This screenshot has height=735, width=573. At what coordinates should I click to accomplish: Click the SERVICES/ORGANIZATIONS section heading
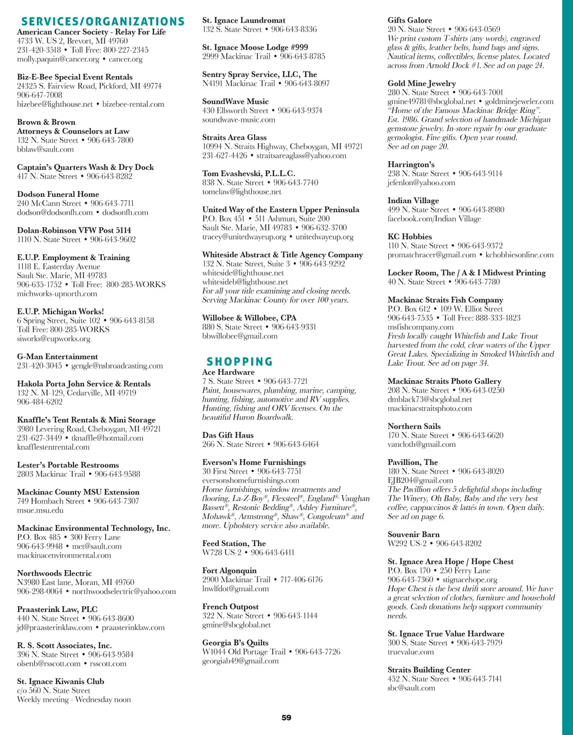click(102, 22)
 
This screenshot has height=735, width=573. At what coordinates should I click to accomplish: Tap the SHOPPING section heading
click(239, 362)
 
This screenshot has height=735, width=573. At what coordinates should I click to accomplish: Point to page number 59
click(286, 718)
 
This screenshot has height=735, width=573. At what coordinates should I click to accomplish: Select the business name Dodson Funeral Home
click(58, 194)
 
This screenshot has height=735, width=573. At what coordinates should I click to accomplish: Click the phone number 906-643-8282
click(110, 176)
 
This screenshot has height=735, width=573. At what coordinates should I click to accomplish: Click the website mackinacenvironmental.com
click(64, 555)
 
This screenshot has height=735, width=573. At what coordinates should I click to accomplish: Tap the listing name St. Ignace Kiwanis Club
click(60, 681)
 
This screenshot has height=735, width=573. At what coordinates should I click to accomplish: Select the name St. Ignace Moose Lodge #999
click(255, 48)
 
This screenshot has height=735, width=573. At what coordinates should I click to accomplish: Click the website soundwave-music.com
click(239, 120)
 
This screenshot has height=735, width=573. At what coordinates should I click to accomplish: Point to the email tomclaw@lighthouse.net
click(242, 192)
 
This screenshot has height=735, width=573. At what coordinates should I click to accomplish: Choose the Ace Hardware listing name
click(228, 373)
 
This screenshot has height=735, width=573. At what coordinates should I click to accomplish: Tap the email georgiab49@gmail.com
click(240, 661)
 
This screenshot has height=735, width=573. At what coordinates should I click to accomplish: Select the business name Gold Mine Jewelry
click(422, 83)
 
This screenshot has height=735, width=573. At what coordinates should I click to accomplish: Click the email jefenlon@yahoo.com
click(421, 183)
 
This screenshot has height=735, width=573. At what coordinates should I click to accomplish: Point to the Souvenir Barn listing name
click(414, 534)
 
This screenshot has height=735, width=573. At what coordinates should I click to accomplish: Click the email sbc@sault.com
click(411, 688)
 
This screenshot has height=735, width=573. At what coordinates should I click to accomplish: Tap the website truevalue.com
click(411, 652)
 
